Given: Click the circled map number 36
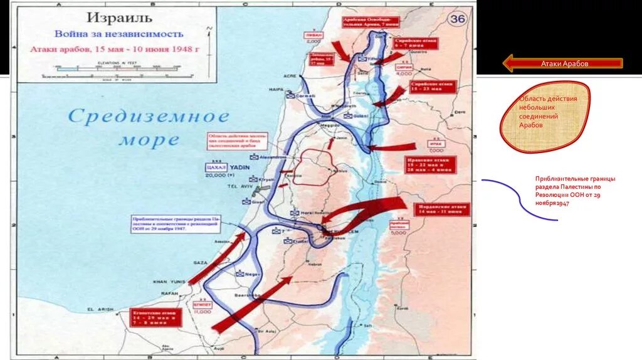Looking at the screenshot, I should [x=458, y=19].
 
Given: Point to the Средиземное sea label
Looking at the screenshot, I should [x=149, y=117].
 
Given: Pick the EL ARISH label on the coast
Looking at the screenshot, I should [x=99, y=309].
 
